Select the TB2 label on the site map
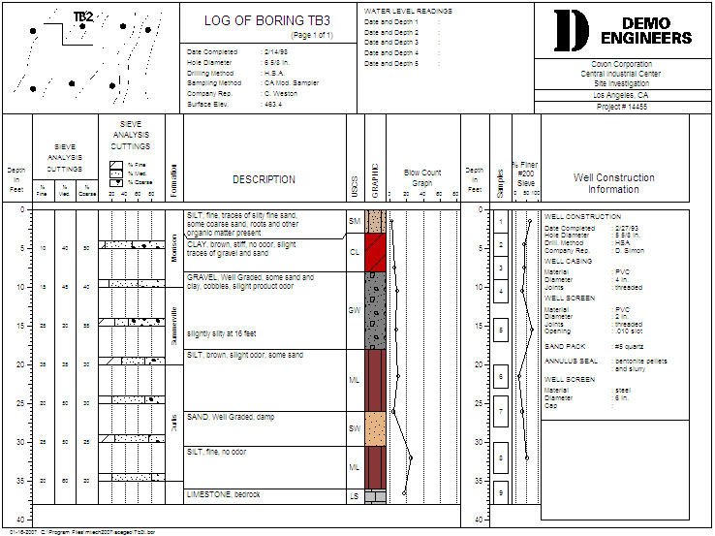click(83, 16)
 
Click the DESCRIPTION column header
click(264, 179)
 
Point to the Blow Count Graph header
click(421, 177)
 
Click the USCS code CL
click(354, 250)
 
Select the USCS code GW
click(354, 310)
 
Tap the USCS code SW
click(354, 427)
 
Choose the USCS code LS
click(354, 495)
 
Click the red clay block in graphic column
click(375, 251)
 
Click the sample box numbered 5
click(501, 331)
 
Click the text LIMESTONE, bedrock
click(224, 494)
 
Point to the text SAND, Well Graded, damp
click(232, 417)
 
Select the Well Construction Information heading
click(613, 183)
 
